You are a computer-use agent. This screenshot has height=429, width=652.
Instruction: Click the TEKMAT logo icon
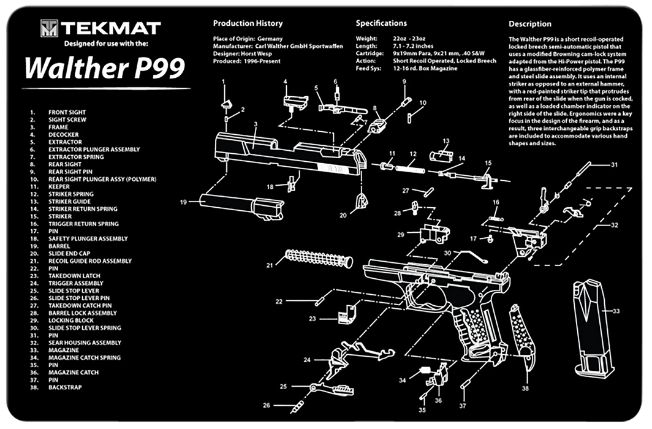50,28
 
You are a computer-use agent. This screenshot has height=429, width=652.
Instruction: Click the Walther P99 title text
104,68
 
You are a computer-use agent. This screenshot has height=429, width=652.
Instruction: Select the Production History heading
248,23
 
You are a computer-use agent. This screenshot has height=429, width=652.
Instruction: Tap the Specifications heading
381,23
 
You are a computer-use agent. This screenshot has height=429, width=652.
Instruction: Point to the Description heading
529,24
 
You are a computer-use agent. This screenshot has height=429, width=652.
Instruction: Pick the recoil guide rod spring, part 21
319,258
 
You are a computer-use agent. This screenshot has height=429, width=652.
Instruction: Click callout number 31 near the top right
615,164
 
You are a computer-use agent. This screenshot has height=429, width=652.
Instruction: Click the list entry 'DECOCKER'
64,135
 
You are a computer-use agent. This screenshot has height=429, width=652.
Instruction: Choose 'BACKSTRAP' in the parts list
65,387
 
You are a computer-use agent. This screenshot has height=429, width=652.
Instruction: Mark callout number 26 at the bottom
266,405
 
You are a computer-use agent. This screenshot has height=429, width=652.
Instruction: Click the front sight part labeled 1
226,102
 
